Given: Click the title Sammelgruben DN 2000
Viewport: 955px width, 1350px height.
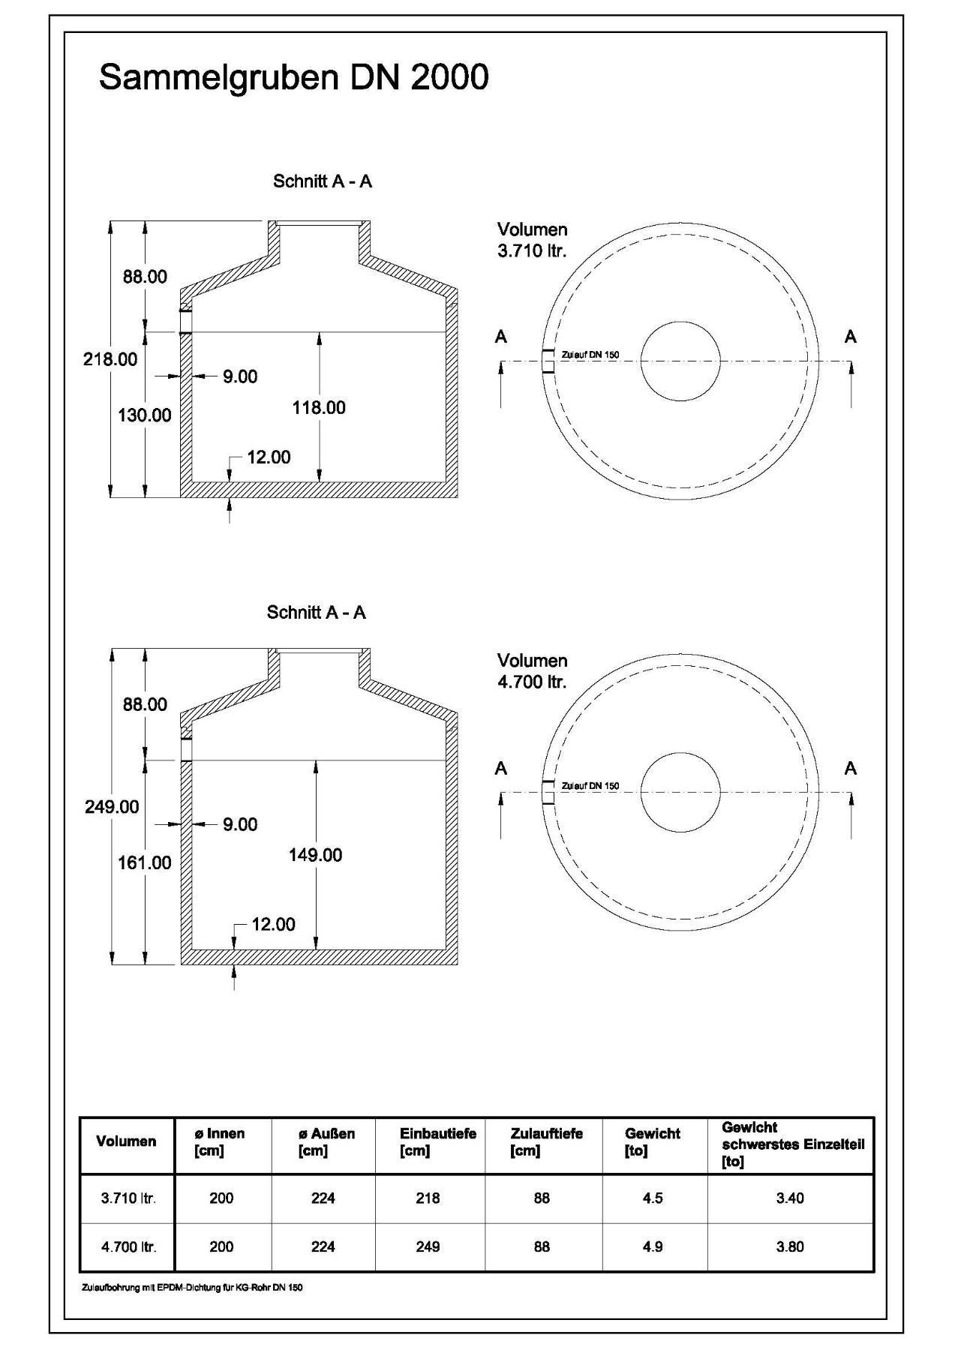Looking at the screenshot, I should tap(293, 78).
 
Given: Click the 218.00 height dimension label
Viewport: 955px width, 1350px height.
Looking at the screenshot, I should tap(110, 359).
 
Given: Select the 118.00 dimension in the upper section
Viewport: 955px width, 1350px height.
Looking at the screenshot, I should tap(319, 408).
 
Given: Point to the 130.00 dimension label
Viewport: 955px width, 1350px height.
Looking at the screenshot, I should tap(145, 415).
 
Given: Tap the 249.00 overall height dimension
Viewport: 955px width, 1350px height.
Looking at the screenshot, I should tap(111, 807).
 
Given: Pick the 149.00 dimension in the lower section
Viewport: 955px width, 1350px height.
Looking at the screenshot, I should tap(315, 855).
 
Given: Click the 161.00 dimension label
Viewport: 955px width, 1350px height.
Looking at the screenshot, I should tap(145, 863).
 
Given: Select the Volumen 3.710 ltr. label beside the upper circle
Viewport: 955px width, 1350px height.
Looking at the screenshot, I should tap(533, 240).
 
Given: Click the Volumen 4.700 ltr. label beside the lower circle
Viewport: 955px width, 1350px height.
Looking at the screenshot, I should tap(533, 671).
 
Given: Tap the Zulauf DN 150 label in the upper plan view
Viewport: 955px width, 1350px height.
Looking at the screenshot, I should tap(590, 355).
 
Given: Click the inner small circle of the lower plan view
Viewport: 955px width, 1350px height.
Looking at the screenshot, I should tap(680, 792).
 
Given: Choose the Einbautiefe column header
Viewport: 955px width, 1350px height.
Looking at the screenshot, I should tap(438, 1141).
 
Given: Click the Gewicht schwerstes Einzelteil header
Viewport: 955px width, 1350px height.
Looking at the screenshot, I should tap(792, 1144).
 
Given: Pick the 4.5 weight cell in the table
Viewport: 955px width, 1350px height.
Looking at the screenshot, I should tap(653, 1198).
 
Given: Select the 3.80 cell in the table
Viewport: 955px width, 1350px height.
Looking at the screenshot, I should tap(790, 1246).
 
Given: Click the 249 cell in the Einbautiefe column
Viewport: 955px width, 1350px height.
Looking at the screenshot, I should tap(428, 1246).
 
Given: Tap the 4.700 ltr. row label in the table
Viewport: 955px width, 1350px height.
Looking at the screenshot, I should tap(128, 1246).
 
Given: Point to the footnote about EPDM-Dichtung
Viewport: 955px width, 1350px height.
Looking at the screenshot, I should tap(192, 1288).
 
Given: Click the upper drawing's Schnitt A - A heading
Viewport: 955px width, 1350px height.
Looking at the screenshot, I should tap(323, 181).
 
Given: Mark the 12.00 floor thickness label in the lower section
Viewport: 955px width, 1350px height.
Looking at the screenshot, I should tap(273, 924).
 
